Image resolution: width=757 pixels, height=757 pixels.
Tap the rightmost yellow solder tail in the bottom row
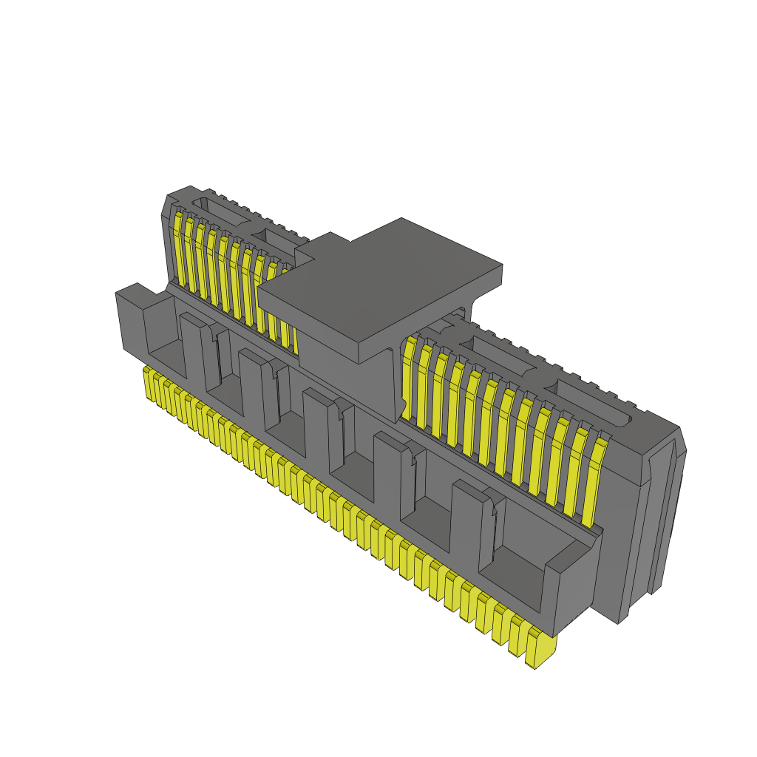tap(540, 651)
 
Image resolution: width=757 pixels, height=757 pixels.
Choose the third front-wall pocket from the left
tap(285, 418)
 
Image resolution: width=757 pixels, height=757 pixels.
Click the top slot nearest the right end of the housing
tap(591, 400)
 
